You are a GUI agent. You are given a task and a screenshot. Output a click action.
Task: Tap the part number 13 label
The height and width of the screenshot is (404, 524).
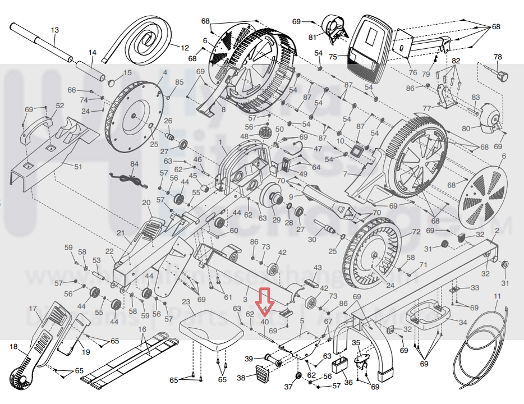[54, 30]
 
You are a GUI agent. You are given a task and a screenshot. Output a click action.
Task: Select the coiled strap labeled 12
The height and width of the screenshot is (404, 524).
[143, 39]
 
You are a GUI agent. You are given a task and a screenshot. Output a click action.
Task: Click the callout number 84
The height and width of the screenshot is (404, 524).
[134, 164]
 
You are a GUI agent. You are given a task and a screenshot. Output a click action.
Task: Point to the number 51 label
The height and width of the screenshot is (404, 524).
[78, 167]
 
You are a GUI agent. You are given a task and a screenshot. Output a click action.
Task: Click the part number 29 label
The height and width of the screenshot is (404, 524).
[276, 219]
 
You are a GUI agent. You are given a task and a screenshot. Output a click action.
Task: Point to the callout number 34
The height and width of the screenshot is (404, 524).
[462, 323]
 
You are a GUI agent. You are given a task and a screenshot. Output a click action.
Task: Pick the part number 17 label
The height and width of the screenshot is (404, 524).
[33, 309]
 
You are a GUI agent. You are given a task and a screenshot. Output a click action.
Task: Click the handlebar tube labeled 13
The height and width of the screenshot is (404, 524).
[42, 42]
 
